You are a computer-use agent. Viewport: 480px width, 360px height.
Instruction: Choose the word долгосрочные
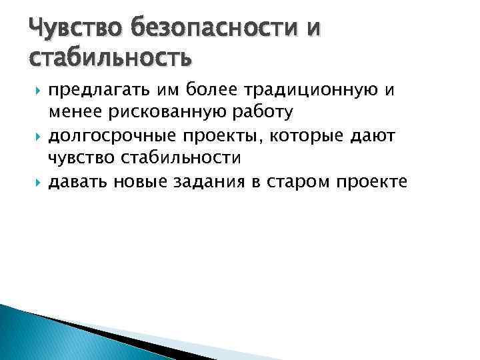tap(109, 137)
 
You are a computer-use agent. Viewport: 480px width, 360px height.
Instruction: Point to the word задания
tap(208, 184)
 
